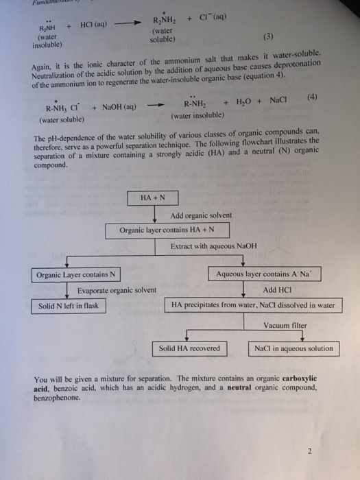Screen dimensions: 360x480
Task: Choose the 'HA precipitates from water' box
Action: click(253, 306)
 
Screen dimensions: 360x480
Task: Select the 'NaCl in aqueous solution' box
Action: click(293, 348)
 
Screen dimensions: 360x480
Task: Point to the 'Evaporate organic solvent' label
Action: click(117, 290)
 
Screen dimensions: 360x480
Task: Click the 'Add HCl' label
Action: click(278, 289)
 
